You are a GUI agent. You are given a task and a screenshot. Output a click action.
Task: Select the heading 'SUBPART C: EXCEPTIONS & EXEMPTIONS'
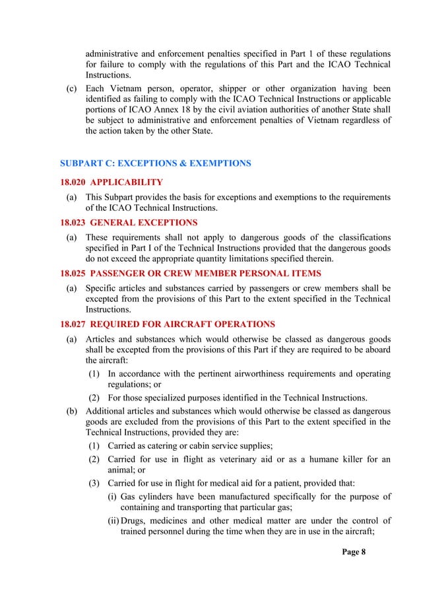155,163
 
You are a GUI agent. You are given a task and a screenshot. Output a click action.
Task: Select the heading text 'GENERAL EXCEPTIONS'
140,223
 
